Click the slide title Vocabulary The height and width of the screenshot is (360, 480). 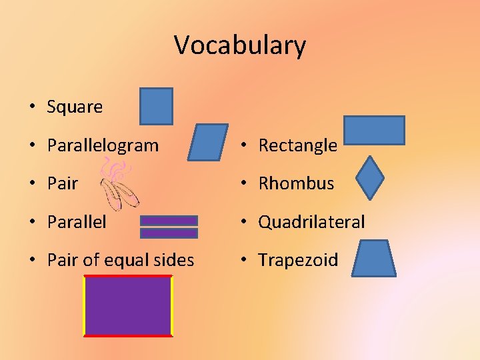(240, 45)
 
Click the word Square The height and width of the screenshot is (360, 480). (75, 107)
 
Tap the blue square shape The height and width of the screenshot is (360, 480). (156, 106)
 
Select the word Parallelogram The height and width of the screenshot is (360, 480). (103, 145)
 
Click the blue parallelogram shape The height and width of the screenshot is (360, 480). (207, 142)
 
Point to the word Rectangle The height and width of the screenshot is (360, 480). (297, 145)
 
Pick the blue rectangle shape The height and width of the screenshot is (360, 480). (374, 130)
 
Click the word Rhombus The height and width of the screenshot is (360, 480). (296, 183)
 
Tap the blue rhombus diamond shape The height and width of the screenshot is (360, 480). (370, 178)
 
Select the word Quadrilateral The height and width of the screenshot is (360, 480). (311, 222)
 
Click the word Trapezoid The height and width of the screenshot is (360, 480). (298, 260)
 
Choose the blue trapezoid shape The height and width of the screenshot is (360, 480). (373, 259)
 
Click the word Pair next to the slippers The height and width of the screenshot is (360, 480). (63, 183)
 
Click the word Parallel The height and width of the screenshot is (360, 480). (77, 222)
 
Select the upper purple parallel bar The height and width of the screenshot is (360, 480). (169, 221)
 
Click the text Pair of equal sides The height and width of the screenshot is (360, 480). (121, 260)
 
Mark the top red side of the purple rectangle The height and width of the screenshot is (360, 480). (127, 275)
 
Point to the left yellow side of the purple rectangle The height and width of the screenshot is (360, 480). (84, 305)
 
